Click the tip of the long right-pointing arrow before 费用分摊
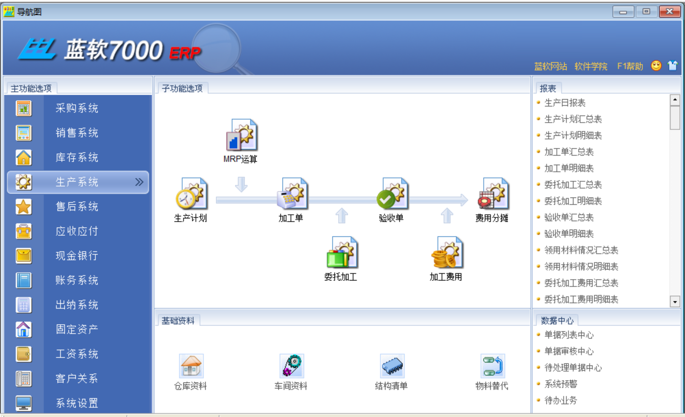(x=468, y=200)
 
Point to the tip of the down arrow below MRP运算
(x=241, y=192)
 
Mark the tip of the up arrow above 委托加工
(x=342, y=208)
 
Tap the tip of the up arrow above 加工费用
(x=447, y=208)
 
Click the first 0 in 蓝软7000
(x=126, y=51)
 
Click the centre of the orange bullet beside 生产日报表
(x=539, y=102)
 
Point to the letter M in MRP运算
(x=227, y=159)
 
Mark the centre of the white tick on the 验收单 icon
(x=385, y=199)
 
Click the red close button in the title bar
(x=670, y=12)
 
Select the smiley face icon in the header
(x=656, y=66)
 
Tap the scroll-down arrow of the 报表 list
(x=675, y=302)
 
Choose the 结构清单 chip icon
(x=392, y=366)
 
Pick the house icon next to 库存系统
(x=24, y=158)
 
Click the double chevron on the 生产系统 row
(x=139, y=182)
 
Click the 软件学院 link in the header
(x=591, y=66)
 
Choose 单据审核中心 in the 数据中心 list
(x=569, y=351)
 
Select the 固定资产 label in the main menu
(x=77, y=329)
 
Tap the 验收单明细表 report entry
(x=569, y=234)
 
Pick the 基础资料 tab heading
(x=178, y=321)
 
